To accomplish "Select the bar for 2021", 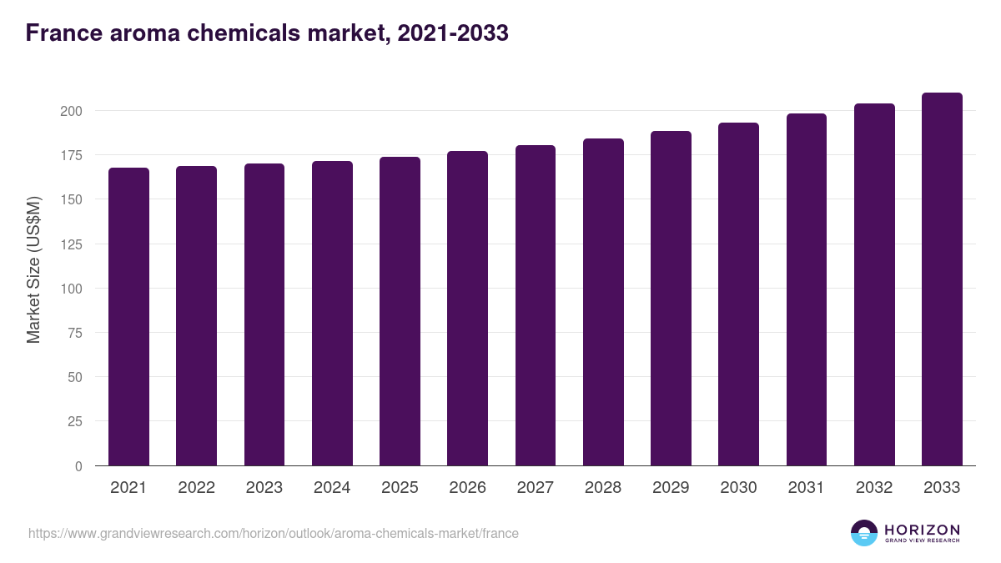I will click(x=128, y=317).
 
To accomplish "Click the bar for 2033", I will click(x=942, y=279).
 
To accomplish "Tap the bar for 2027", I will click(x=536, y=305).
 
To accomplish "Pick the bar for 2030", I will click(x=738, y=294).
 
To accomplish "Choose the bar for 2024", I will click(x=332, y=314).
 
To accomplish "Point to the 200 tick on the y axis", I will click(x=72, y=111).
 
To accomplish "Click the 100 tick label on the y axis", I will click(x=72, y=289).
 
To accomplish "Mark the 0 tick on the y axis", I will click(x=78, y=466).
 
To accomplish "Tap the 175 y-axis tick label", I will click(x=72, y=155).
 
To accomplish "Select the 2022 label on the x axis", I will click(x=196, y=488).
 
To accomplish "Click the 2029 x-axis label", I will click(x=671, y=488).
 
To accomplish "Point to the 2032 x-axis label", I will click(x=874, y=488).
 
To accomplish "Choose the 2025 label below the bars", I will click(x=400, y=488).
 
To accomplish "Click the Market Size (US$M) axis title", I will click(x=33, y=269).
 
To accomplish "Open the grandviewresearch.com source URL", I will click(x=274, y=533).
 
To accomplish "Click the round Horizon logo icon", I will click(x=864, y=533).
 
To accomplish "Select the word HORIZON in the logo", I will click(x=922, y=530).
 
